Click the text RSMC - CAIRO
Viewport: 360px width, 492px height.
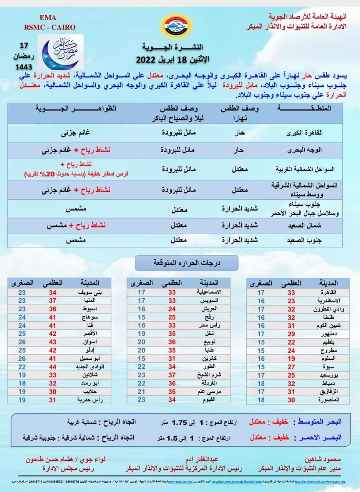pos(48,27)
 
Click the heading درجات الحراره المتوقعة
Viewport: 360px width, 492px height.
pos(187,263)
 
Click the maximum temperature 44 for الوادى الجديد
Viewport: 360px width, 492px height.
pos(52,366)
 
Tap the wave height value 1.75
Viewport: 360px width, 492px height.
pos(179,422)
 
